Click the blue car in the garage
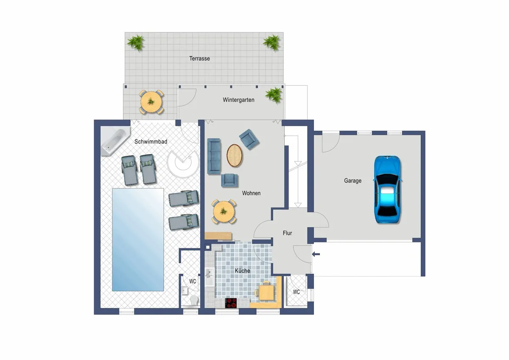click(387, 189)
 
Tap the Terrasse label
click(199, 59)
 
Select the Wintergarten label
click(238, 100)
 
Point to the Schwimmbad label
click(151, 141)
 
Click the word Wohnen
click(251, 193)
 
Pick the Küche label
click(243, 270)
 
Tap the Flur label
click(287, 233)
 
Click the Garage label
click(352, 180)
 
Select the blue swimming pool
click(138, 239)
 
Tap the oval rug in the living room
click(234, 155)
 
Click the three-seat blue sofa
click(214, 156)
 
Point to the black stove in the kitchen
click(231, 303)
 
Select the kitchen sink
click(209, 277)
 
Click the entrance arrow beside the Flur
click(316, 254)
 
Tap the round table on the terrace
click(151, 102)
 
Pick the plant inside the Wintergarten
click(274, 95)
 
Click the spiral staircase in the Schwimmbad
click(183, 162)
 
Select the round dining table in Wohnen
click(224, 212)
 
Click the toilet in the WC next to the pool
click(194, 301)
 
